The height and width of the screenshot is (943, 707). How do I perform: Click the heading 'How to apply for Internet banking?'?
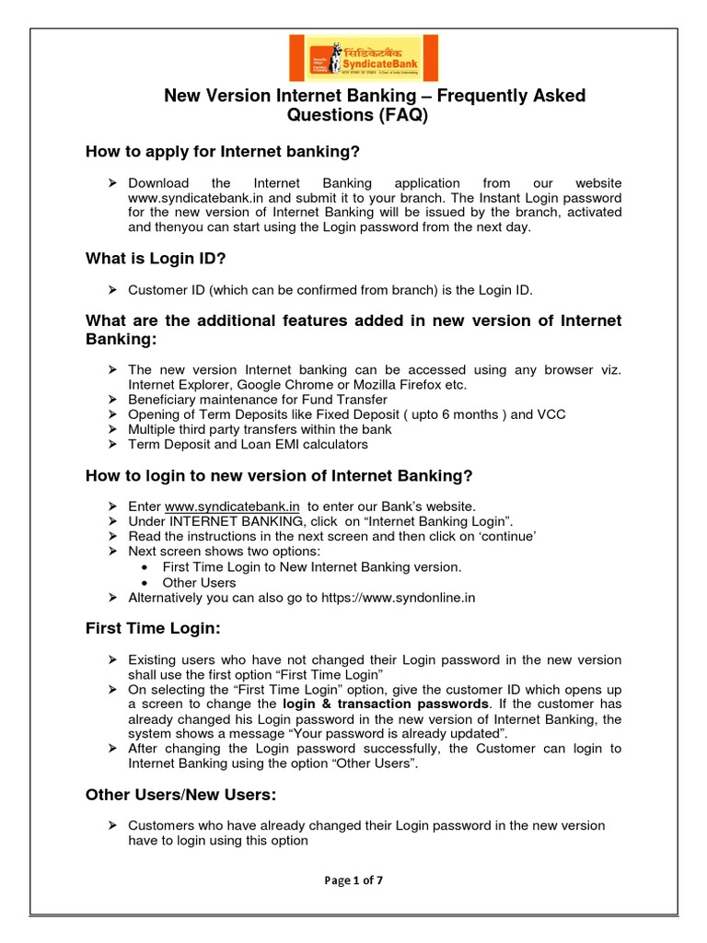pyautogui.click(x=222, y=151)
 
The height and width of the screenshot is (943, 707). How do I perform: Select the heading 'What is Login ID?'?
pyautogui.click(x=155, y=259)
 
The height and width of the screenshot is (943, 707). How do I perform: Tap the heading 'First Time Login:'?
pyautogui.click(x=153, y=628)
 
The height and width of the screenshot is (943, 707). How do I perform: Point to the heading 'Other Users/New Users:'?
pyautogui.click(x=180, y=794)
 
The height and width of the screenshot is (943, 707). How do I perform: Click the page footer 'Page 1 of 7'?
pyautogui.click(x=353, y=879)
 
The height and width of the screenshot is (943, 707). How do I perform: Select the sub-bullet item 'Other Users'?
pyautogui.click(x=199, y=582)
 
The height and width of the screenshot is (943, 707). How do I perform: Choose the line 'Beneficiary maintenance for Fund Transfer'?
pyautogui.click(x=258, y=400)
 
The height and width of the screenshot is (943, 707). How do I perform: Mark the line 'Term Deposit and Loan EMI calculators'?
pyautogui.click(x=248, y=444)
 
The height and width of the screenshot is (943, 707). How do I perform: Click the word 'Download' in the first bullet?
pyautogui.click(x=158, y=183)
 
